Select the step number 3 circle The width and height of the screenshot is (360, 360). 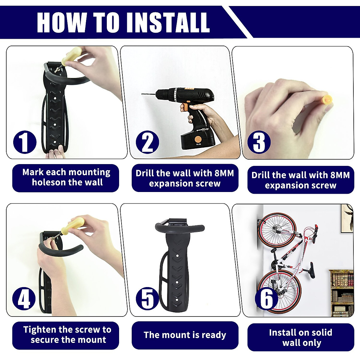pyautogui.click(x=259, y=142)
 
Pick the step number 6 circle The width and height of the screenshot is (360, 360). pyautogui.click(x=266, y=298)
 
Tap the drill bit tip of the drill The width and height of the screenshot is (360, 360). pyautogui.click(x=142, y=94)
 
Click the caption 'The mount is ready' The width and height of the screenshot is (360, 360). pyautogui.click(x=185, y=335)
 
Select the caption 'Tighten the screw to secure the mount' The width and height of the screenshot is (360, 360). pyautogui.click(x=67, y=335)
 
